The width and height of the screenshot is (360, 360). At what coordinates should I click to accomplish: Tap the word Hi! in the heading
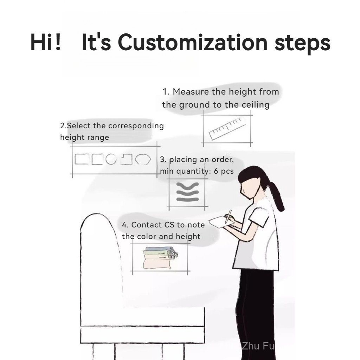point(46,43)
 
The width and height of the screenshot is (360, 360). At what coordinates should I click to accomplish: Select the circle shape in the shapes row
point(111,159)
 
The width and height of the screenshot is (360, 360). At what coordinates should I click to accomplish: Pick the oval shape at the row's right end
point(143,159)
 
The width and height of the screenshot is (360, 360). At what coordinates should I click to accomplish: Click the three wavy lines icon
point(187,192)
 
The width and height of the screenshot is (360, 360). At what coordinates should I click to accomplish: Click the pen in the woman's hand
point(229,216)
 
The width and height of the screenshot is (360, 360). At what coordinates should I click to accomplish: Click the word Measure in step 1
point(191,92)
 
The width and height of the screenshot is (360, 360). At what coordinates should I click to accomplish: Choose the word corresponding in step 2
point(136,126)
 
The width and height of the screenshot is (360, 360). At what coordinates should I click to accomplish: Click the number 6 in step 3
point(216,171)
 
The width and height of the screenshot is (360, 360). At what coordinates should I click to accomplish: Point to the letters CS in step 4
point(169,225)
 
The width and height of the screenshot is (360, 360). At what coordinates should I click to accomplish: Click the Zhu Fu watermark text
point(258,346)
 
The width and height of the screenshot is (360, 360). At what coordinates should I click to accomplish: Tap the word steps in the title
point(302,44)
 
